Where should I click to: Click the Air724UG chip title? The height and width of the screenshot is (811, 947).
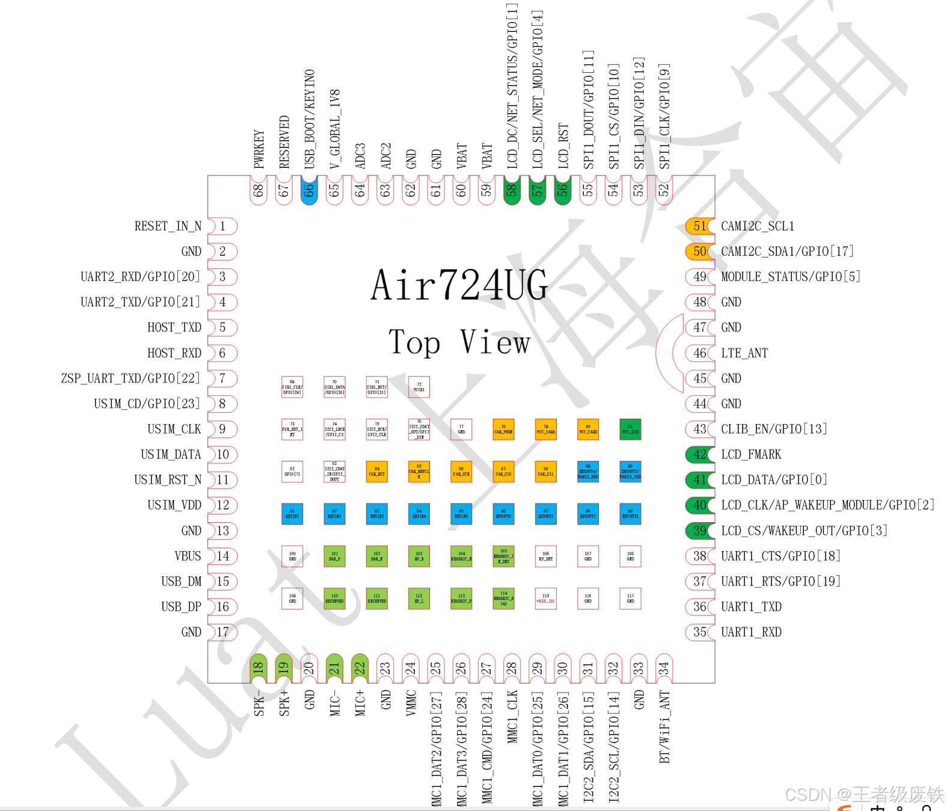click(459, 285)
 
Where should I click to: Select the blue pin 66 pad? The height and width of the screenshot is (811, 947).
click(308, 191)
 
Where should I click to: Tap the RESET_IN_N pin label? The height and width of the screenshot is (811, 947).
click(168, 226)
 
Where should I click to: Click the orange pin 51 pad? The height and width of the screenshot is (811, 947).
click(700, 226)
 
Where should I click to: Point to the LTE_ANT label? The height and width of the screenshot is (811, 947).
click(744, 353)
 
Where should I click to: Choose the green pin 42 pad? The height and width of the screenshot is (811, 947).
click(700, 454)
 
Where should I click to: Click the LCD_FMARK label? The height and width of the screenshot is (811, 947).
click(751, 454)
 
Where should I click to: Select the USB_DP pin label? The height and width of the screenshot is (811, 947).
click(181, 606)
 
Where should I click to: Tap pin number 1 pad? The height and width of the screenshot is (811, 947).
click(222, 226)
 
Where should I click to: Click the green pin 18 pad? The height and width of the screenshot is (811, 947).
click(258, 668)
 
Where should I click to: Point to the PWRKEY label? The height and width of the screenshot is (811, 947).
click(259, 149)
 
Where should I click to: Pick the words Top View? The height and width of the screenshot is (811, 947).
click(459, 342)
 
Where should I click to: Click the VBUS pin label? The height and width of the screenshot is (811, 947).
click(188, 556)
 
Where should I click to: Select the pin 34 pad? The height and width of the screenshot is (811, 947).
click(663, 668)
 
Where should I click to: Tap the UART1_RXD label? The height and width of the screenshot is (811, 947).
click(751, 632)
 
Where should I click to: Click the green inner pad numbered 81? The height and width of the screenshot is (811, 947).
click(630, 430)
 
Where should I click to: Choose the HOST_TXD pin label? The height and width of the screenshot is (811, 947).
click(174, 327)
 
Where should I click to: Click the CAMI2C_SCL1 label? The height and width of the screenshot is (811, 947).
click(758, 226)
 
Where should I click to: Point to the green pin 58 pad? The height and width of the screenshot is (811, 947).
click(512, 191)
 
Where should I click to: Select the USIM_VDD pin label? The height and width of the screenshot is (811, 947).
click(174, 505)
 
